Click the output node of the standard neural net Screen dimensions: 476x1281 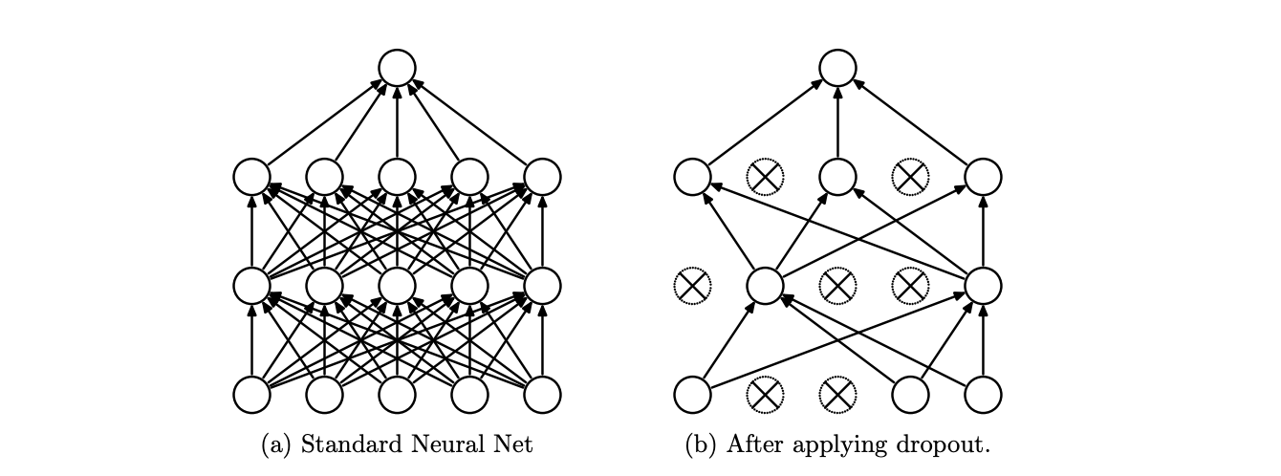(x=397, y=68)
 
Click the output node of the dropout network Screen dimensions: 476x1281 (x=837, y=68)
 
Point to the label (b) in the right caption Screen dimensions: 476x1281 (x=702, y=444)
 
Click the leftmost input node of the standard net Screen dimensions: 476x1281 (x=251, y=394)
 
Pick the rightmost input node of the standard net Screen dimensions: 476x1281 (x=542, y=394)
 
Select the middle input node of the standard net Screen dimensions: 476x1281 (x=397, y=394)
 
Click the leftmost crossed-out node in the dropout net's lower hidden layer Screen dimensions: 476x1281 (x=692, y=285)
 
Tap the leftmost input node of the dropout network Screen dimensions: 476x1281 (x=692, y=394)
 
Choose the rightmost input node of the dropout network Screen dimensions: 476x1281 (x=983, y=394)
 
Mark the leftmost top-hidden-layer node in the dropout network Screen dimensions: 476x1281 (x=692, y=176)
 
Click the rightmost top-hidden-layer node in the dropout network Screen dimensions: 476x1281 (x=983, y=176)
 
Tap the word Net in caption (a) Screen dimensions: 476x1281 (x=510, y=444)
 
